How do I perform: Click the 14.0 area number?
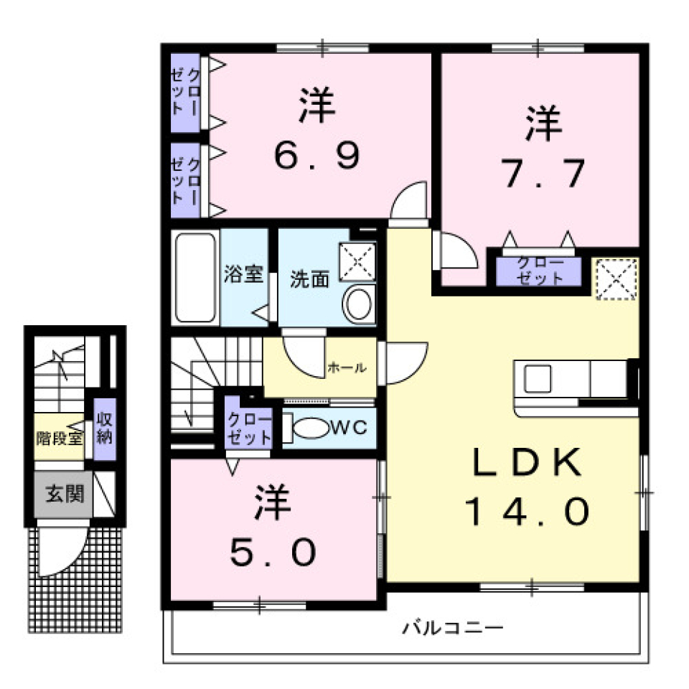(x=528, y=512)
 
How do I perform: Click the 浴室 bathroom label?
(x=243, y=276)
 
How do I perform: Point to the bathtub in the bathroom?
(x=194, y=276)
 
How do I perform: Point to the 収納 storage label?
(x=104, y=428)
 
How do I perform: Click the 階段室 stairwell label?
(x=60, y=437)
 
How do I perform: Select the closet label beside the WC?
(x=249, y=429)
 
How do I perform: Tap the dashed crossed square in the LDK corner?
(x=616, y=277)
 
